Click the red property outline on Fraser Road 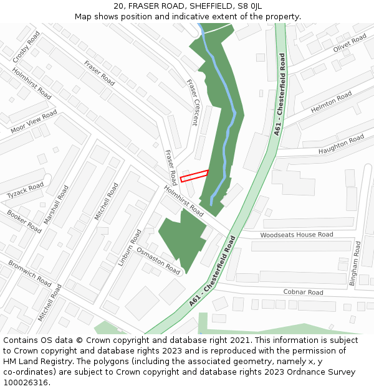[194, 176]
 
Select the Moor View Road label [34, 122]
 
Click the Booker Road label [24, 222]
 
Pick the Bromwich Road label [30, 273]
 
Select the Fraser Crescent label [192, 102]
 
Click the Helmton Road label [331, 101]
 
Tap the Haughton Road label [340, 144]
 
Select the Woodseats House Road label [297, 235]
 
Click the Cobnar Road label [303, 292]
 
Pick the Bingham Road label [355, 263]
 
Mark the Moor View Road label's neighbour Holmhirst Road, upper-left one [31, 83]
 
